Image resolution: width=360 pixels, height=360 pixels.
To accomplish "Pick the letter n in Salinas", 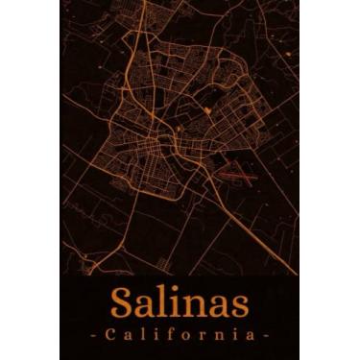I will pyautogui.click(x=193, y=306).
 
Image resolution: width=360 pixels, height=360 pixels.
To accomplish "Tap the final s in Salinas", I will pyautogui.click(x=237, y=306).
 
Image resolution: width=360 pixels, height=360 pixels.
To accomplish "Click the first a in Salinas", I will pyautogui.click(x=148, y=306).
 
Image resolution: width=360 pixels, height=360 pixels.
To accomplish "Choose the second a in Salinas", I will pyautogui.click(x=216, y=306).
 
